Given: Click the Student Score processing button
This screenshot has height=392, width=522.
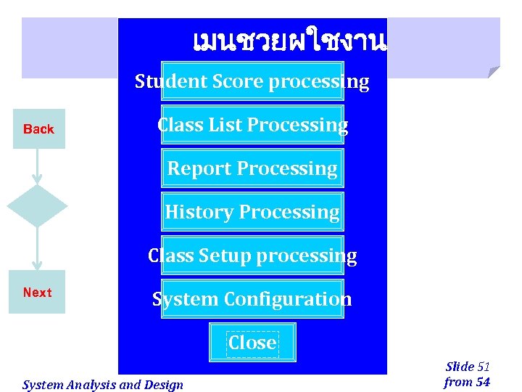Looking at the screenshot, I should [252, 81].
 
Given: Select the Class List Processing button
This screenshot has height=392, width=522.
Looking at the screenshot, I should [252, 125].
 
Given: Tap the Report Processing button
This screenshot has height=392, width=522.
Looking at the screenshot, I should [252, 168].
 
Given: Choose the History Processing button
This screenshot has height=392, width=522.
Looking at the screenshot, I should [252, 212].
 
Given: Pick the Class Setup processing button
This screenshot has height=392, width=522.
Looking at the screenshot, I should [252, 256].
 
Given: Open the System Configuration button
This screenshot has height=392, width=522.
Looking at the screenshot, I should [252, 299].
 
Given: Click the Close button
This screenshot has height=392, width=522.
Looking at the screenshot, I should [252, 343].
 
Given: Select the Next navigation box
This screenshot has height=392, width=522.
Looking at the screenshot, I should [37, 293].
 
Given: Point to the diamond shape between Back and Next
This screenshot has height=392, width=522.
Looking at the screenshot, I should [37, 206].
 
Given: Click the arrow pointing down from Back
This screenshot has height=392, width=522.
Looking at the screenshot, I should [37, 166].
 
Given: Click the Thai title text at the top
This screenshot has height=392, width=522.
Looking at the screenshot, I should [289, 42].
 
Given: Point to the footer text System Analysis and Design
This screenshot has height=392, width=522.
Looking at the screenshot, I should [103, 385].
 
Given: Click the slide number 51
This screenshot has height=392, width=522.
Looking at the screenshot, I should [484, 367].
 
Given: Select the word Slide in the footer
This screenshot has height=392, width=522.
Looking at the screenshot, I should [460, 367].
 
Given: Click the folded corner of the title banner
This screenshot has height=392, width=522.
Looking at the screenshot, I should [493, 72].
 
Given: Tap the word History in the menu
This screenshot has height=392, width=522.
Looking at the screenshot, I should [199, 212].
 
